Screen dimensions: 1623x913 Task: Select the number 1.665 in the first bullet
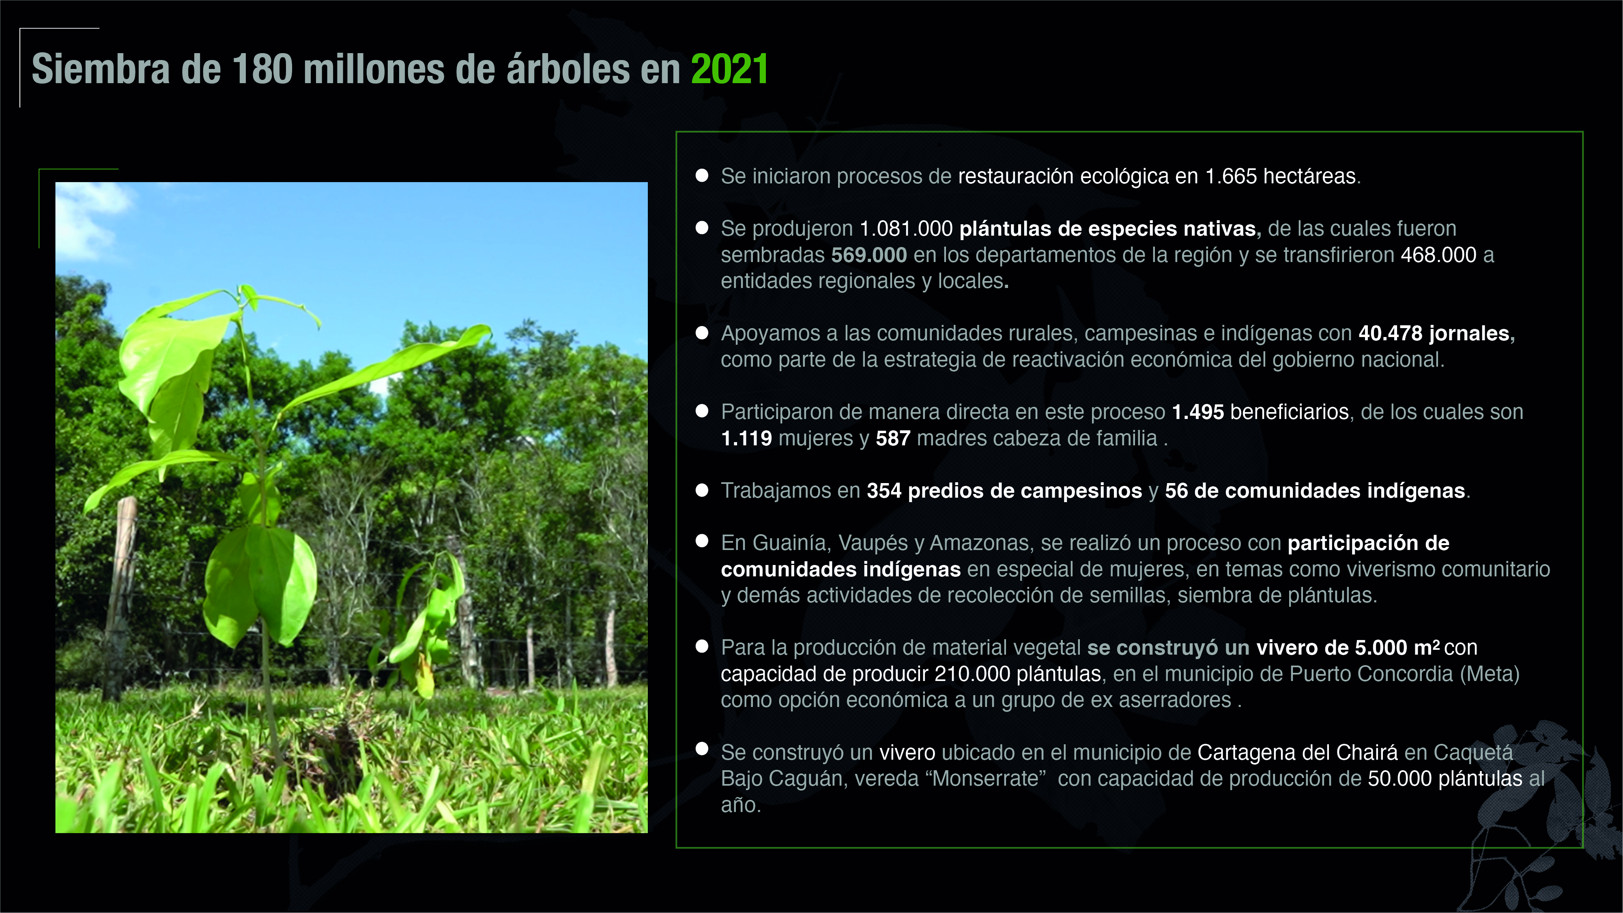(1230, 176)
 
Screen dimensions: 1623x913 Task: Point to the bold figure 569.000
(869, 255)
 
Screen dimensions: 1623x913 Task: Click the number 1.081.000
(906, 229)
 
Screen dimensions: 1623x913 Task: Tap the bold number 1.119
(747, 438)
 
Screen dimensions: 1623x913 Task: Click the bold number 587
(893, 438)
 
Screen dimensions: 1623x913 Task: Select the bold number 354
(884, 491)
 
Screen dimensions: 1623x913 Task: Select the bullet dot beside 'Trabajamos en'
(702, 490)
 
